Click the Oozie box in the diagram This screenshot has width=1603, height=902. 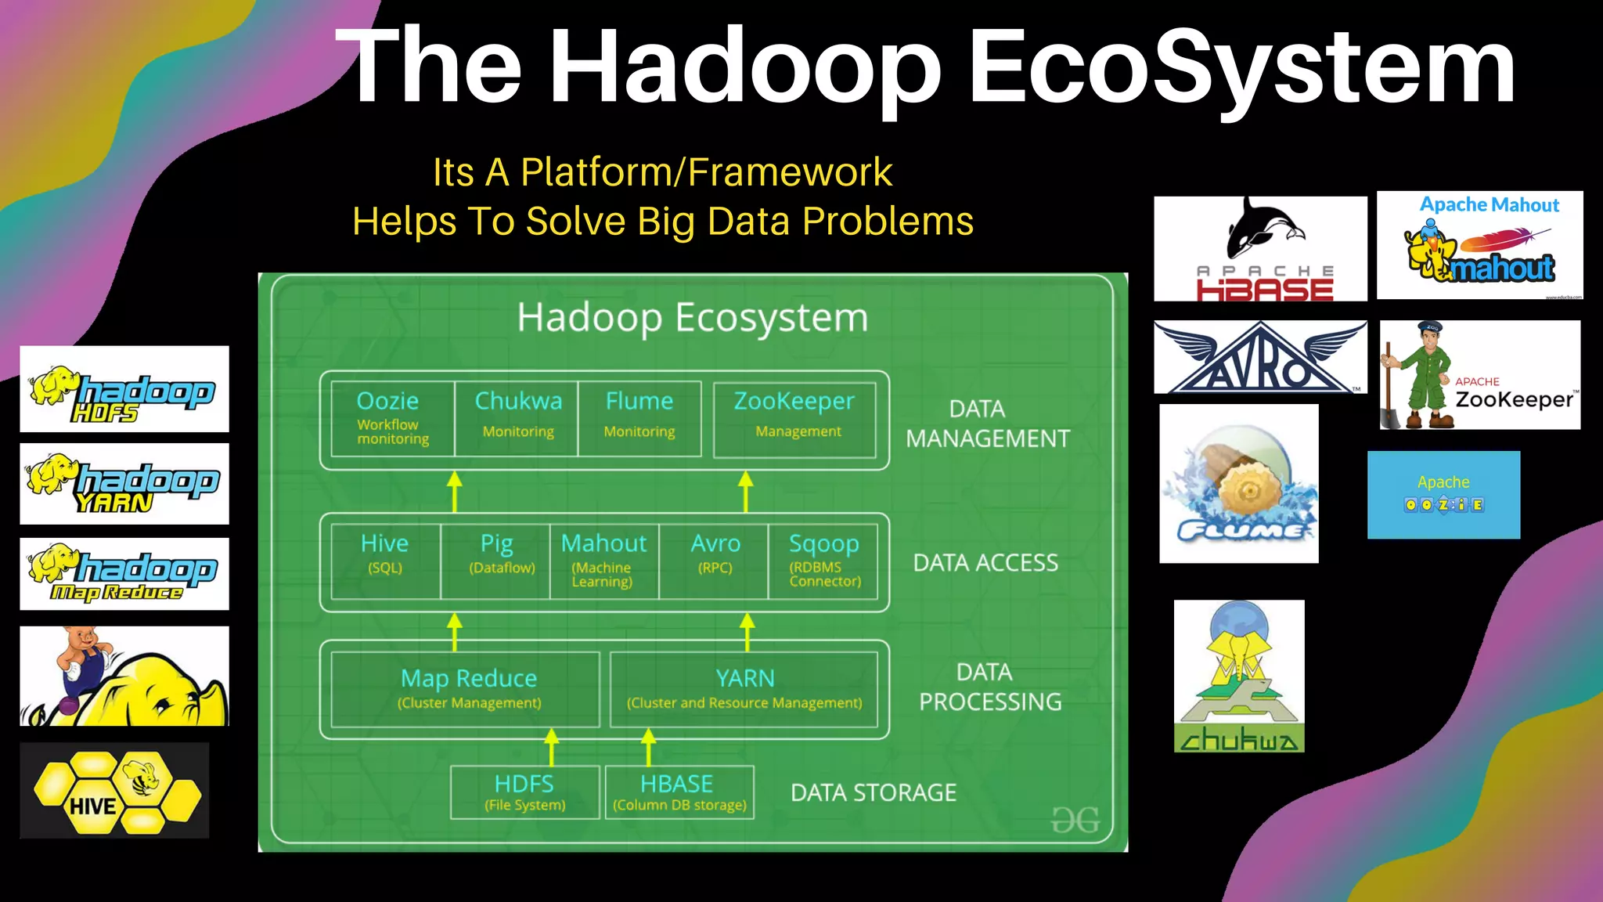pos(392,418)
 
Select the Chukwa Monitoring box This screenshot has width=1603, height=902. pos(517,418)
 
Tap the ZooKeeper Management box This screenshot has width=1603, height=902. pos(794,418)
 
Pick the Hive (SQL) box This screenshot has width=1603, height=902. pos(385,561)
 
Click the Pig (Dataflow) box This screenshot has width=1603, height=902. pos(496,561)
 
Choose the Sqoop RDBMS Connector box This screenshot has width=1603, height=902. pos(823,561)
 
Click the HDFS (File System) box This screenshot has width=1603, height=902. pos(524,792)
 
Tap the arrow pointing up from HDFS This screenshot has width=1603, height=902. pos(552,746)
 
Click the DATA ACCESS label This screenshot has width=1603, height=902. pos(985,562)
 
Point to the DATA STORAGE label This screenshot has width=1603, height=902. pos(874,792)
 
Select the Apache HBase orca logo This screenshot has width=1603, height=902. pos(1260,248)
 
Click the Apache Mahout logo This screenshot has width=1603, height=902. pos(1479,245)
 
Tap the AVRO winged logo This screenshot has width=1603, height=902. pos(1260,357)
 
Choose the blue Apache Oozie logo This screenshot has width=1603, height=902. pos(1443,494)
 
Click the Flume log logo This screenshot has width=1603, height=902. pos(1239,484)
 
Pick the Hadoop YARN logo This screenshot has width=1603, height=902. pos(124,484)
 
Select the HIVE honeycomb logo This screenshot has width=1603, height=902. pos(114,791)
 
